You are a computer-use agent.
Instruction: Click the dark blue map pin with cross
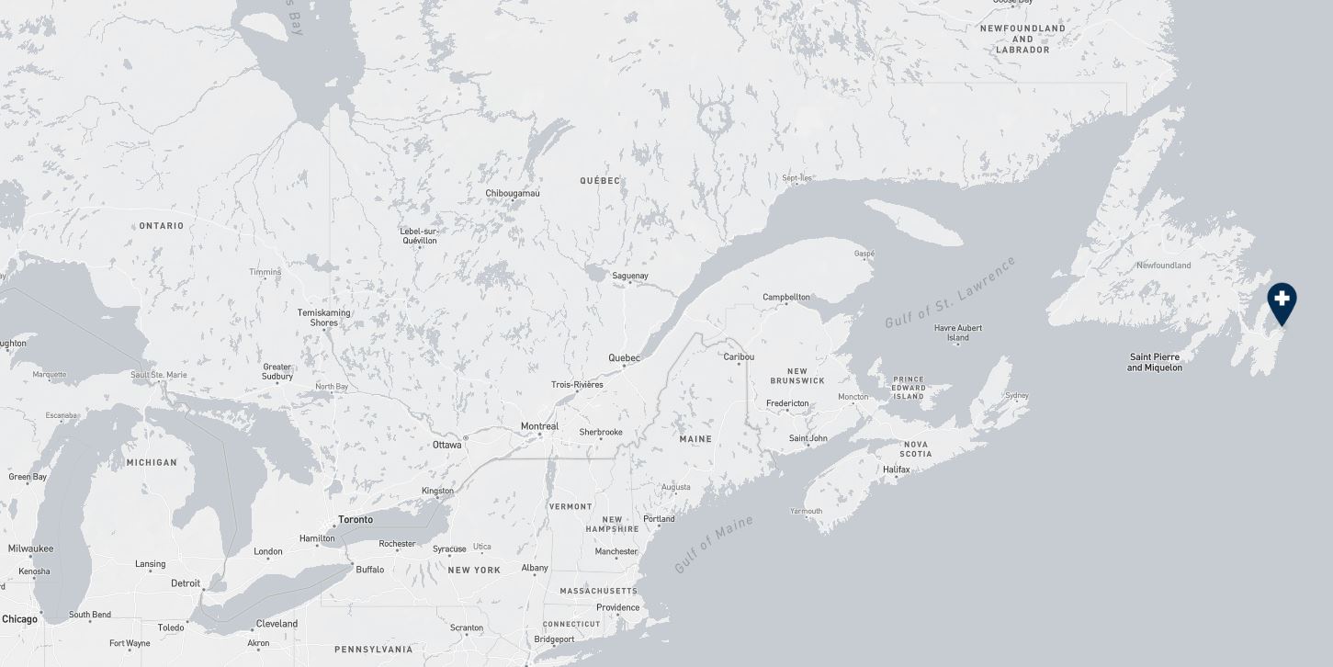(x=1282, y=301)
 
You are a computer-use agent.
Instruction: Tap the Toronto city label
(x=356, y=520)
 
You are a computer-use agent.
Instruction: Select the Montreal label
(x=539, y=426)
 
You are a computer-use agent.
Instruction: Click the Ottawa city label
(x=447, y=445)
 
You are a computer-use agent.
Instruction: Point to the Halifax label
(x=896, y=469)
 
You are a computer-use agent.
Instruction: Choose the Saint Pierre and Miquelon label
(x=1155, y=362)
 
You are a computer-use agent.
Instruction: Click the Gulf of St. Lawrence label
(x=950, y=292)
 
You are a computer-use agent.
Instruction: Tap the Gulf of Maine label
(x=714, y=544)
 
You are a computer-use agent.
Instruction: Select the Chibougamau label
(x=513, y=193)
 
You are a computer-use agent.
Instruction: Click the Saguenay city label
(x=630, y=276)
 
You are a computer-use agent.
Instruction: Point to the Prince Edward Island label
(x=909, y=388)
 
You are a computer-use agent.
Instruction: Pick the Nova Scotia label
(x=915, y=449)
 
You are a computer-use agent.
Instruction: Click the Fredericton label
(x=787, y=403)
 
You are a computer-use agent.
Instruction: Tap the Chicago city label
(x=20, y=619)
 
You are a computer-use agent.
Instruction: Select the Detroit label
(x=186, y=583)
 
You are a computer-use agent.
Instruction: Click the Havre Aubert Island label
(x=958, y=333)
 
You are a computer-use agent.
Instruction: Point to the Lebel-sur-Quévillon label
(x=419, y=236)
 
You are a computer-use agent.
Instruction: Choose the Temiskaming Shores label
(x=323, y=318)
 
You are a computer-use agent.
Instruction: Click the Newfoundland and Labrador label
(x=1022, y=39)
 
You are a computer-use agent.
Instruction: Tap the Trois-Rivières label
(x=577, y=385)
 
